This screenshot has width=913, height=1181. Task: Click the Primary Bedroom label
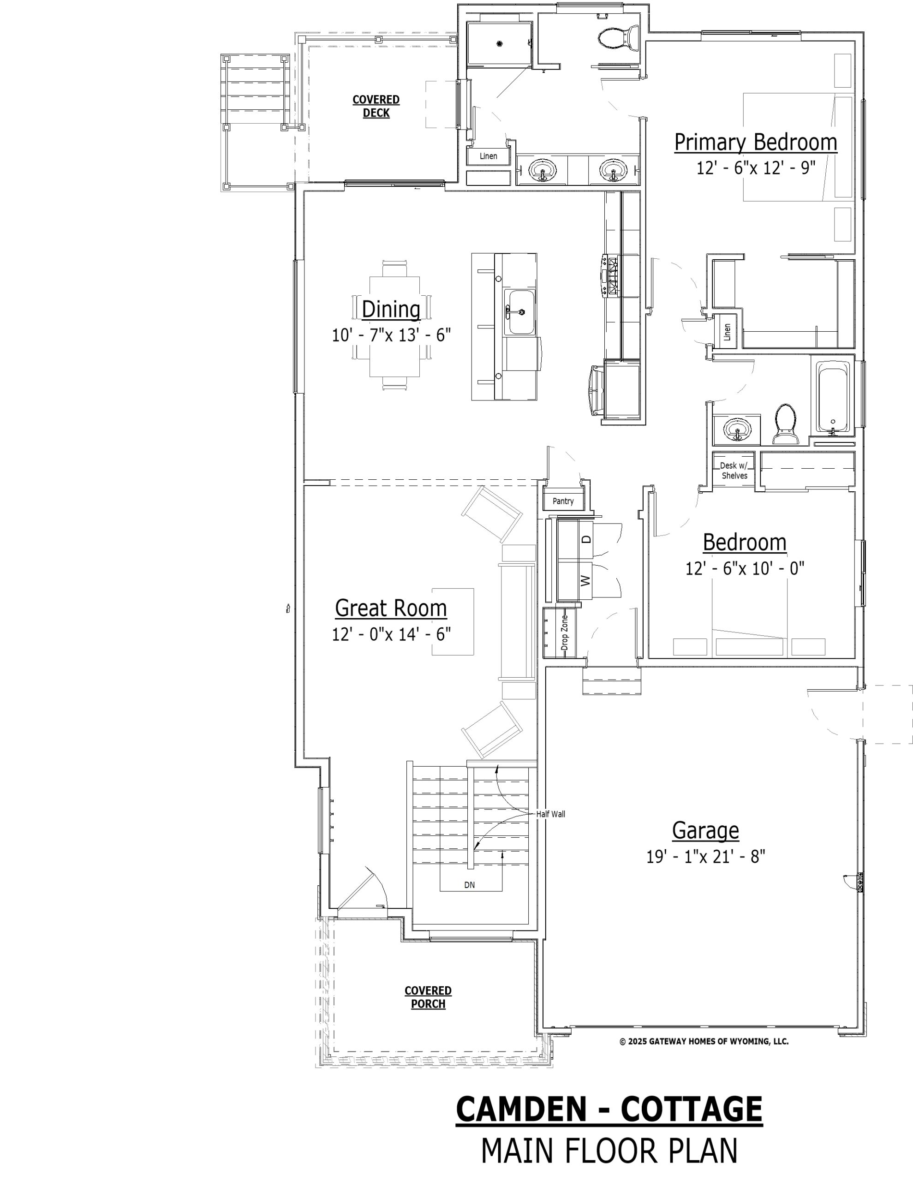pos(756,142)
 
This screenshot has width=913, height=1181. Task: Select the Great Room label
pos(391,608)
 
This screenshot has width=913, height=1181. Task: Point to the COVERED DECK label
pos(376,106)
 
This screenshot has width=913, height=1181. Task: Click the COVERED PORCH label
pos(428,997)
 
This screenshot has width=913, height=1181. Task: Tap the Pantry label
pos(563,501)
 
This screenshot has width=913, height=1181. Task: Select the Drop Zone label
pos(565,632)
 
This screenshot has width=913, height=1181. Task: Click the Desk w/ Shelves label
pos(734,471)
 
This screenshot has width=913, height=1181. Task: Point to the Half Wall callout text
pos(550,814)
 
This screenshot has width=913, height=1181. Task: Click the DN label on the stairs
pos(470,885)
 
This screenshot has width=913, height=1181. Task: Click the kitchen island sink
pos(520,312)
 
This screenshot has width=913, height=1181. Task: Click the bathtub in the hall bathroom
pos(832,399)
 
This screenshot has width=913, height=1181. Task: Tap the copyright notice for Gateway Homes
pos(704,1041)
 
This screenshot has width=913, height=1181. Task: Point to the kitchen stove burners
pos(613,277)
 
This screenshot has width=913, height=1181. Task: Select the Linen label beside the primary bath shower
pos(489,156)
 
